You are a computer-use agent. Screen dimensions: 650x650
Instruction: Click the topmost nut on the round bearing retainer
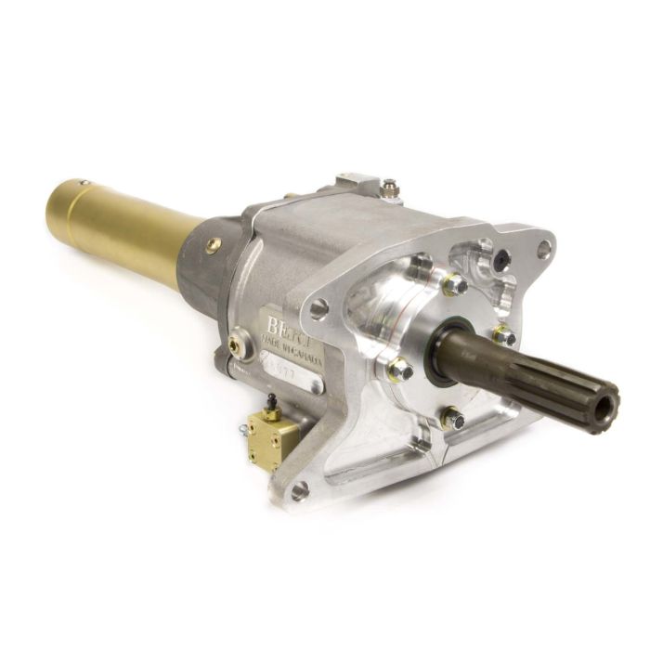[454, 285]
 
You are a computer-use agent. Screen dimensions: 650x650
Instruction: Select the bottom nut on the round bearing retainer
[453, 420]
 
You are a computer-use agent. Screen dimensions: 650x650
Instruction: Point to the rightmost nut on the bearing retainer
[504, 335]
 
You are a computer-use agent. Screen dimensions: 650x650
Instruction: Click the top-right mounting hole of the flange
[544, 248]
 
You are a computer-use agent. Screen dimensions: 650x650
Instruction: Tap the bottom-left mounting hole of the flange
[299, 490]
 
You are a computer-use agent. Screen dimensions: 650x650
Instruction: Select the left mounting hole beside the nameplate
[317, 307]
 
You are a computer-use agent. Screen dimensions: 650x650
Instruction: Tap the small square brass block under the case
[269, 433]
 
